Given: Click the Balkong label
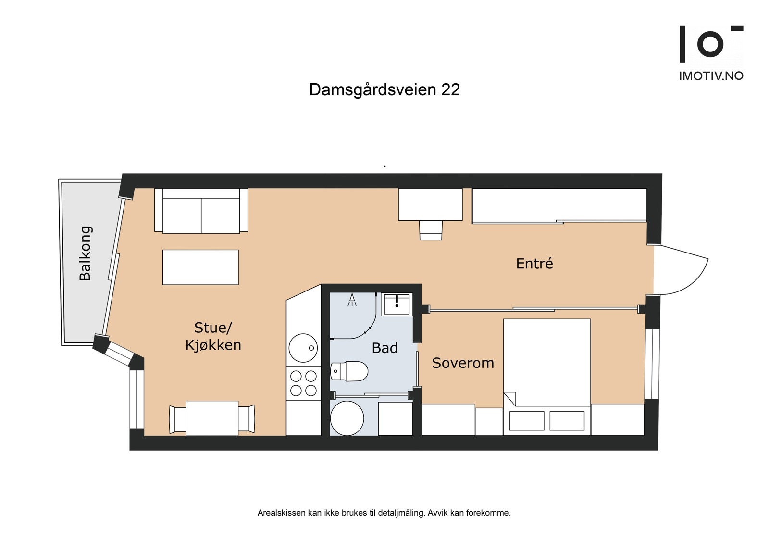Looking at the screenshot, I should (x=86, y=253).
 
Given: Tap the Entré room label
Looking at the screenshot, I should (x=534, y=264).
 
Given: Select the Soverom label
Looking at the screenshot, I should (x=463, y=363).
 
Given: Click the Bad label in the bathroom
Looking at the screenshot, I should (x=384, y=348).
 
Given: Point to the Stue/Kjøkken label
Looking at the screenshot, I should (x=213, y=336).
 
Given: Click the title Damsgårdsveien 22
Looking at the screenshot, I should (x=384, y=89).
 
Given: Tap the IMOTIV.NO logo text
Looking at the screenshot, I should (x=711, y=76).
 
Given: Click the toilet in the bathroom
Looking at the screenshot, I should (x=350, y=371).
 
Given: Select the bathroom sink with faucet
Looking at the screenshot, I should (x=397, y=304).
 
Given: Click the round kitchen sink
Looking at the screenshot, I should (x=303, y=348).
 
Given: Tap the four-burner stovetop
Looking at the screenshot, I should (x=304, y=383).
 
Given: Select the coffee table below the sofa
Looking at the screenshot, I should (x=200, y=267).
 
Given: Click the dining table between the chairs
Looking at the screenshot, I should (x=212, y=418).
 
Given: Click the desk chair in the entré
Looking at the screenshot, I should (x=431, y=230).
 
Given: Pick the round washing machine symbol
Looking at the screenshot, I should (x=347, y=418).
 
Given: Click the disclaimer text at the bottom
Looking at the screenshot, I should (x=384, y=513).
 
